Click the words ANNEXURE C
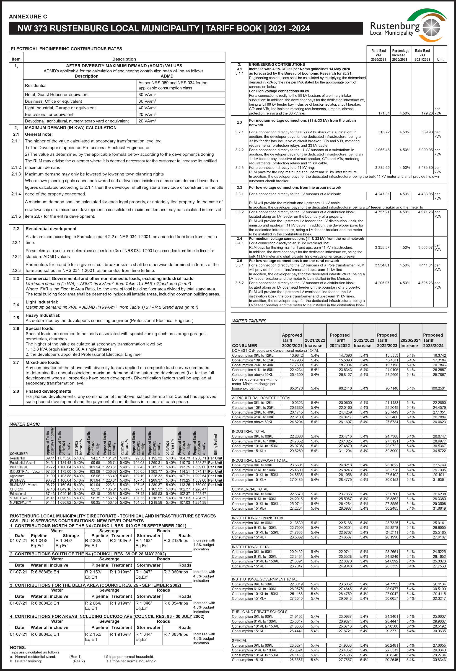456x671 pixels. click(28, 16)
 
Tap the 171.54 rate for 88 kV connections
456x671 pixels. click(384, 113)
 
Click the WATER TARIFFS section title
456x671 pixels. click(249, 321)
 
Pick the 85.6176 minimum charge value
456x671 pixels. click(296, 388)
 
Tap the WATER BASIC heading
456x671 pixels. click(25, 424)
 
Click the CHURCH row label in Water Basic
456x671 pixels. click(16, 489)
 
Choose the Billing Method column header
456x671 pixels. click(215, 444)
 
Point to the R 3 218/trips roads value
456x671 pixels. click(176, 541)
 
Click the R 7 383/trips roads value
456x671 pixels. click(176, 634)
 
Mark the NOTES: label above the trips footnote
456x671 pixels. click(18, 648)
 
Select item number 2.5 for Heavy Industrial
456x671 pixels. click(16, 318)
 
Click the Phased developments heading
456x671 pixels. click(48, 391)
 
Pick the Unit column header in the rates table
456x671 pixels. click(440, 59)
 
